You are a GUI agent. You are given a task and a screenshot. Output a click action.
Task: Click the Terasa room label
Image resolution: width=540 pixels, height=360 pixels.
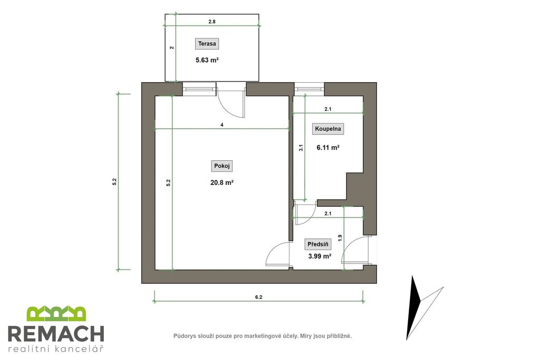(x=207, y=44)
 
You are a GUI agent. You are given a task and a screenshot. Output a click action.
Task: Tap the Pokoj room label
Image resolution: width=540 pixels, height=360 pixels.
(x=222, y=166)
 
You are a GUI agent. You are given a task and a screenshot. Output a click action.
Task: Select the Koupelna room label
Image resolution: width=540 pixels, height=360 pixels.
(x=328, y=129)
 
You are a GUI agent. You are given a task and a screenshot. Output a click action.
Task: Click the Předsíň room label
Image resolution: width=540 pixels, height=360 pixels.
(x=317, y=245)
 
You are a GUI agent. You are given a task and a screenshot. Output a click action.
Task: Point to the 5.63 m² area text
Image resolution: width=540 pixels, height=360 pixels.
(x=207, y=60)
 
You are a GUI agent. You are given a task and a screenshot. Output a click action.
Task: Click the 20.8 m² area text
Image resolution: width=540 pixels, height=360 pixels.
(x=222, y=182)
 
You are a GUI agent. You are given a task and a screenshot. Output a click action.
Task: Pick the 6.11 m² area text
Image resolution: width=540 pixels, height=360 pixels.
(x=328, y=148)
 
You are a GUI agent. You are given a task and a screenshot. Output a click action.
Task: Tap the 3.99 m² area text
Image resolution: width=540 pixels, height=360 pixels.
(x=320, y=256)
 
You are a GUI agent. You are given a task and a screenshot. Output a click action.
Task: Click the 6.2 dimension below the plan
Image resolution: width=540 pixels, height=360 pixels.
(x=258, y=297)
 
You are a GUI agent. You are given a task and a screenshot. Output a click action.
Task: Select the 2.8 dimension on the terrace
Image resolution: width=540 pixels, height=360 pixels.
(x=212, y=21)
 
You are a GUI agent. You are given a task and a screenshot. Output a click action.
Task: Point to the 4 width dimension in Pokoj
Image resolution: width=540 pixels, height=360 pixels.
(x=222, y=125)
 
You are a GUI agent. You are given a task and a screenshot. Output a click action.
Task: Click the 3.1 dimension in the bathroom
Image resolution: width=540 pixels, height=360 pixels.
(x=301, y=148)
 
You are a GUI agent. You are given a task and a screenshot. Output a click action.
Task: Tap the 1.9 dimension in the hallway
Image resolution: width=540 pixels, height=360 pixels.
(x=340, y=238)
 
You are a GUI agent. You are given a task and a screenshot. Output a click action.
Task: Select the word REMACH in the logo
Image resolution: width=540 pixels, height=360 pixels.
(x=56, y=333)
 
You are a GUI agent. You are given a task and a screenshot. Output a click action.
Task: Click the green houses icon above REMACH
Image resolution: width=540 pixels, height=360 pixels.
(x=56, y=314)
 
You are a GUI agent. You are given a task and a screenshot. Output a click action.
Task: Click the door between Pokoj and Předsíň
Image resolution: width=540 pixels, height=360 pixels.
(x=277, y=254)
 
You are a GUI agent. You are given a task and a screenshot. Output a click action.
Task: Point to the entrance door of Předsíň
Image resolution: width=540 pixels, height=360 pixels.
(x=355, y=250)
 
